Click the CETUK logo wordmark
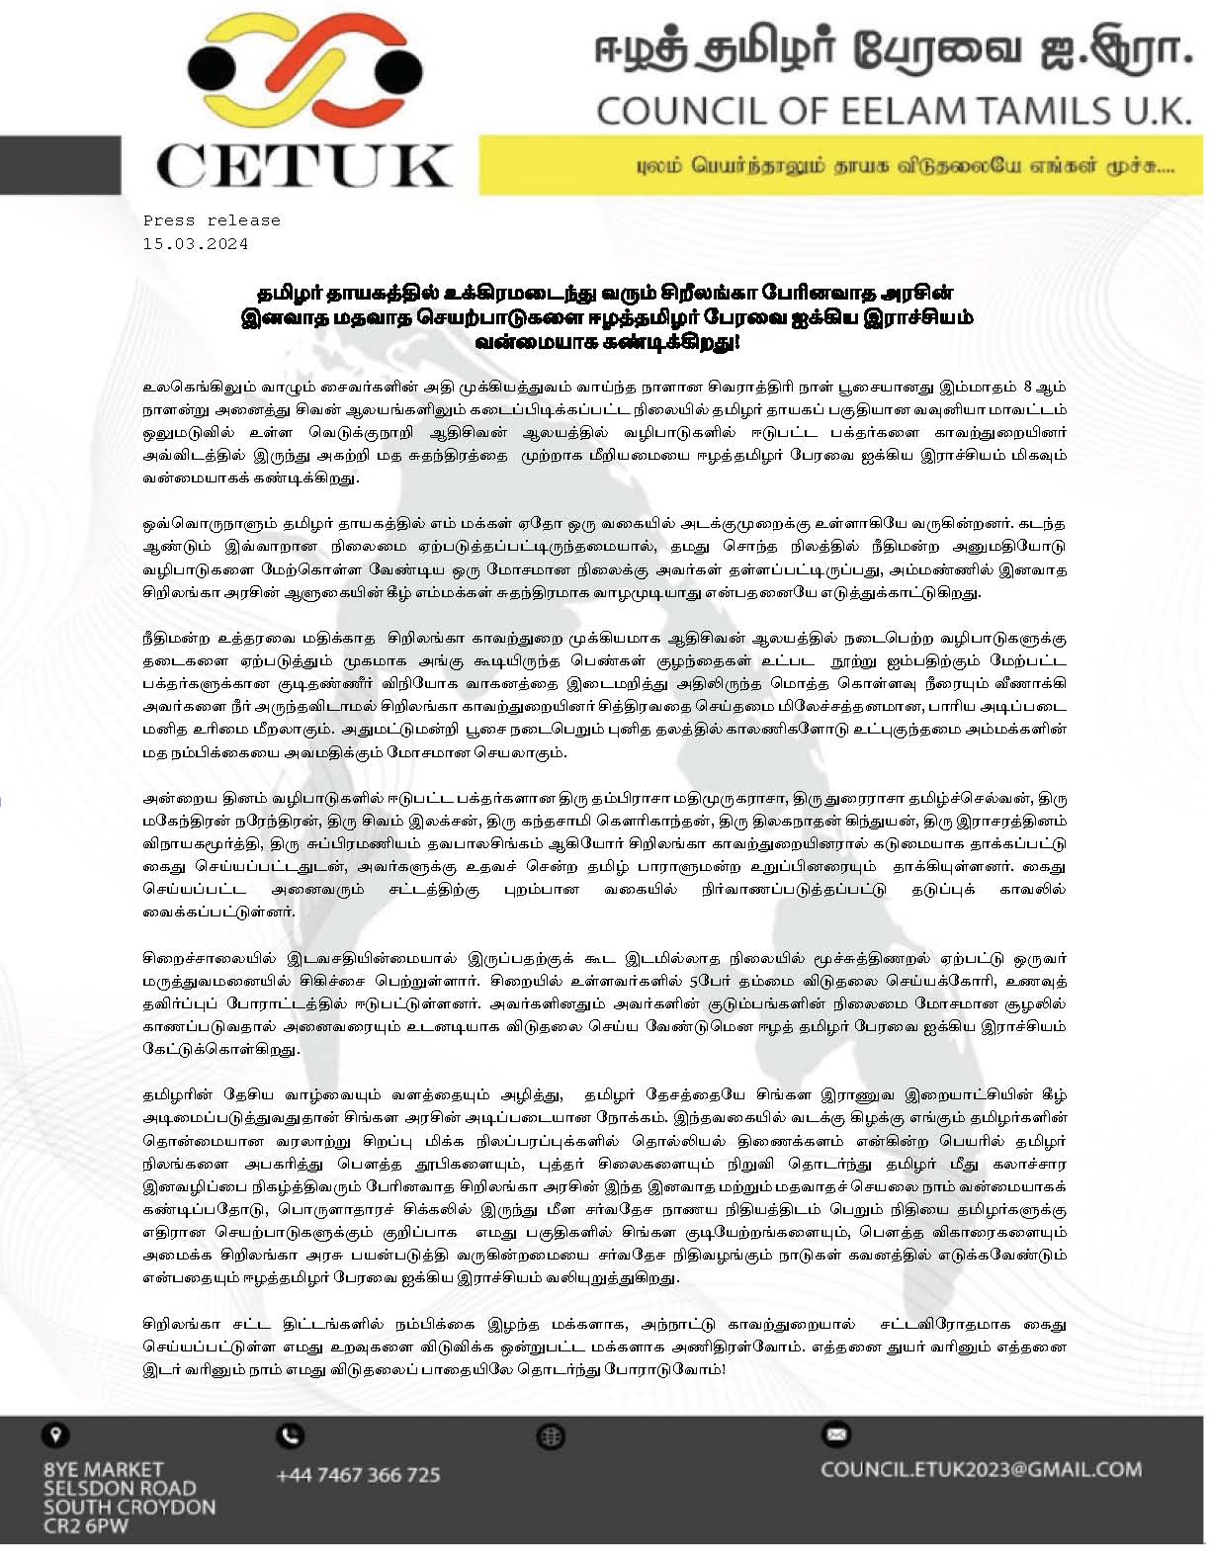coord(304,166)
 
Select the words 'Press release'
coord(212,220)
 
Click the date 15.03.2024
coord(195,243)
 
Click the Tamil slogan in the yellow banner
coord(905,166)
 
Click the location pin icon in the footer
coord(53,1435)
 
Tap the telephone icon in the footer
coord(291,1435)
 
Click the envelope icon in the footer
coord(836,1434)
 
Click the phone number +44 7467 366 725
coord(358,1475)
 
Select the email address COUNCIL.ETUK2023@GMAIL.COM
coord(981,1469)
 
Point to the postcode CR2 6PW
coord(85,1526)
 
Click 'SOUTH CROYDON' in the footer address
coord(129,1508)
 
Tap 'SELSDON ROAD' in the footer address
coord(120,1489)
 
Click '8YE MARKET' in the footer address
coord(103,1470)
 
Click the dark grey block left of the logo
coord(59,165)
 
